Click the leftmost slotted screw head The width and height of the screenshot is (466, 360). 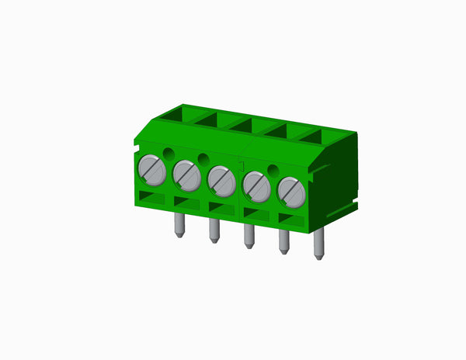pos(152,168)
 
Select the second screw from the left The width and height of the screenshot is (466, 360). pos(186,175)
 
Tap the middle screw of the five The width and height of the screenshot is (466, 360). pos(221,181)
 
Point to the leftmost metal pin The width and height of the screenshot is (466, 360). pos(179,226)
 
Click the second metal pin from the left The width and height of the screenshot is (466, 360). pos(214,231)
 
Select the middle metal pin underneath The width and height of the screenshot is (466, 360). pos(249,237)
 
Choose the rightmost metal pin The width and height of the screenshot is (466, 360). pos(318,247)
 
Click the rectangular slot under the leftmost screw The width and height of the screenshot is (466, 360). pos(152,197)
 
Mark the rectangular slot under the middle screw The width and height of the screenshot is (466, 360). pos(221,208)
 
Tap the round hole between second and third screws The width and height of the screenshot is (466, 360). pos(203,159)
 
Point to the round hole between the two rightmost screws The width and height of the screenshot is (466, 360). pos(273,170)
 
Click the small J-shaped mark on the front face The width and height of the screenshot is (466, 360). pos(242,167)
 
